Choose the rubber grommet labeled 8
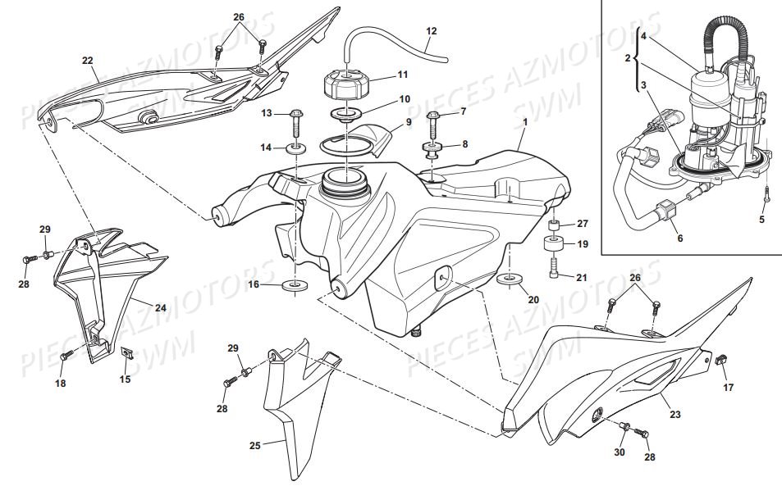[433, 150]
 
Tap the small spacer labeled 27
[555, 225]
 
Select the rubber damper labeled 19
[555, 244]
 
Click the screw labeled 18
[69, 354]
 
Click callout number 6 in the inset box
[679, 239]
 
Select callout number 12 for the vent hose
[432, 33]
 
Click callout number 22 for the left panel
[88, 60]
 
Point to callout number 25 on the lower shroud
[254, 446]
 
